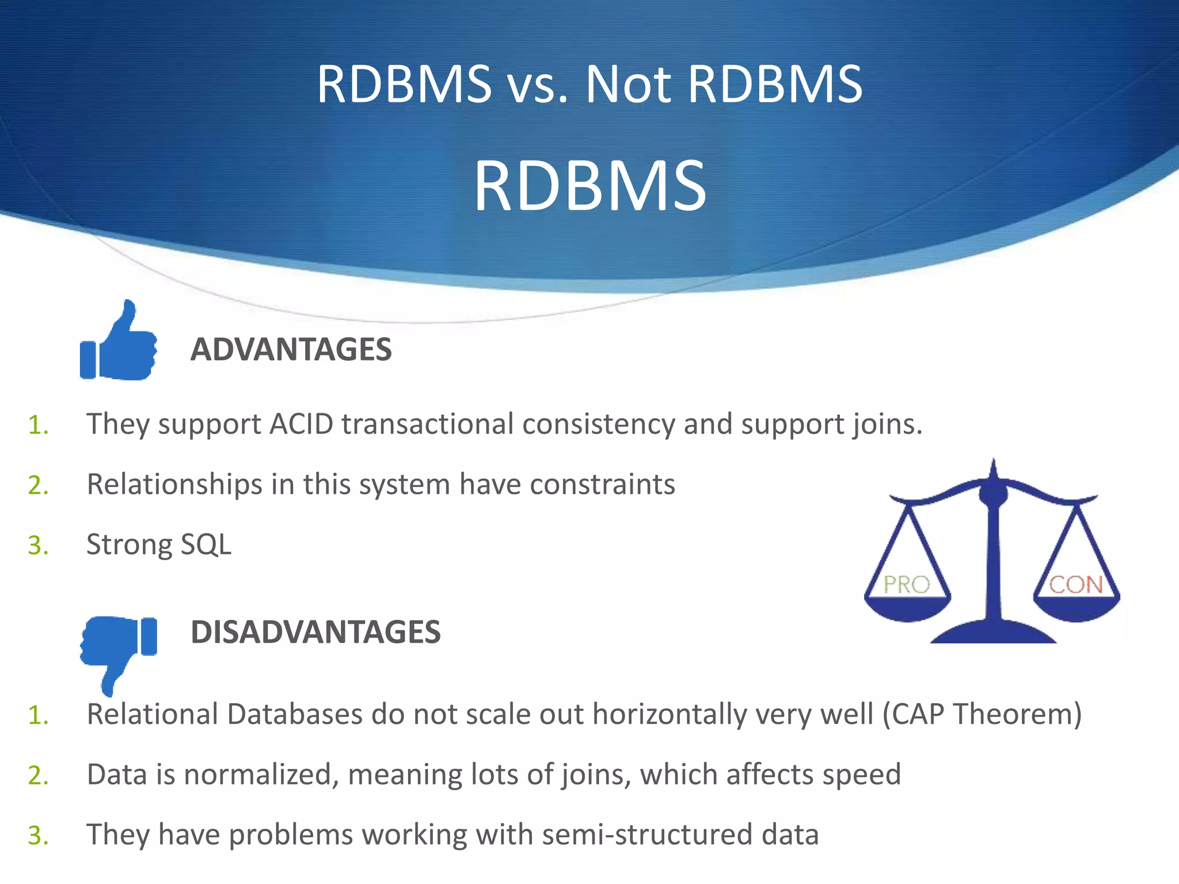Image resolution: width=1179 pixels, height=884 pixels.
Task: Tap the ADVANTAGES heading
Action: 291,349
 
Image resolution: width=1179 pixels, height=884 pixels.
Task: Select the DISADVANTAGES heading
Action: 315,632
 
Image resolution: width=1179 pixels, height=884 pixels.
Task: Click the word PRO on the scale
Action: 907,585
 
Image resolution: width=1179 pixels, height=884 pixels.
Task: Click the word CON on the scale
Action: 1075,585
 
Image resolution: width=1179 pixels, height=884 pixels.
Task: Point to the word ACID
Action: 302,424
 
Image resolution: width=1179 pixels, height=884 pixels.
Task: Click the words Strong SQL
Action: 159,544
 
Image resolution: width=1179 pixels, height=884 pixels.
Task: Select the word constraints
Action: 602,485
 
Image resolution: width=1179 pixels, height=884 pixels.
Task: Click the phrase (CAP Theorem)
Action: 982,714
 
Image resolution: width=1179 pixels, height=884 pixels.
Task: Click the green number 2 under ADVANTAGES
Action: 37,485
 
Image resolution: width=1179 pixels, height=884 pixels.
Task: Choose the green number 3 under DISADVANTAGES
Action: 37,836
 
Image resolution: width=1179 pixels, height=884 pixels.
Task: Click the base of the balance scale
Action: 993,632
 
